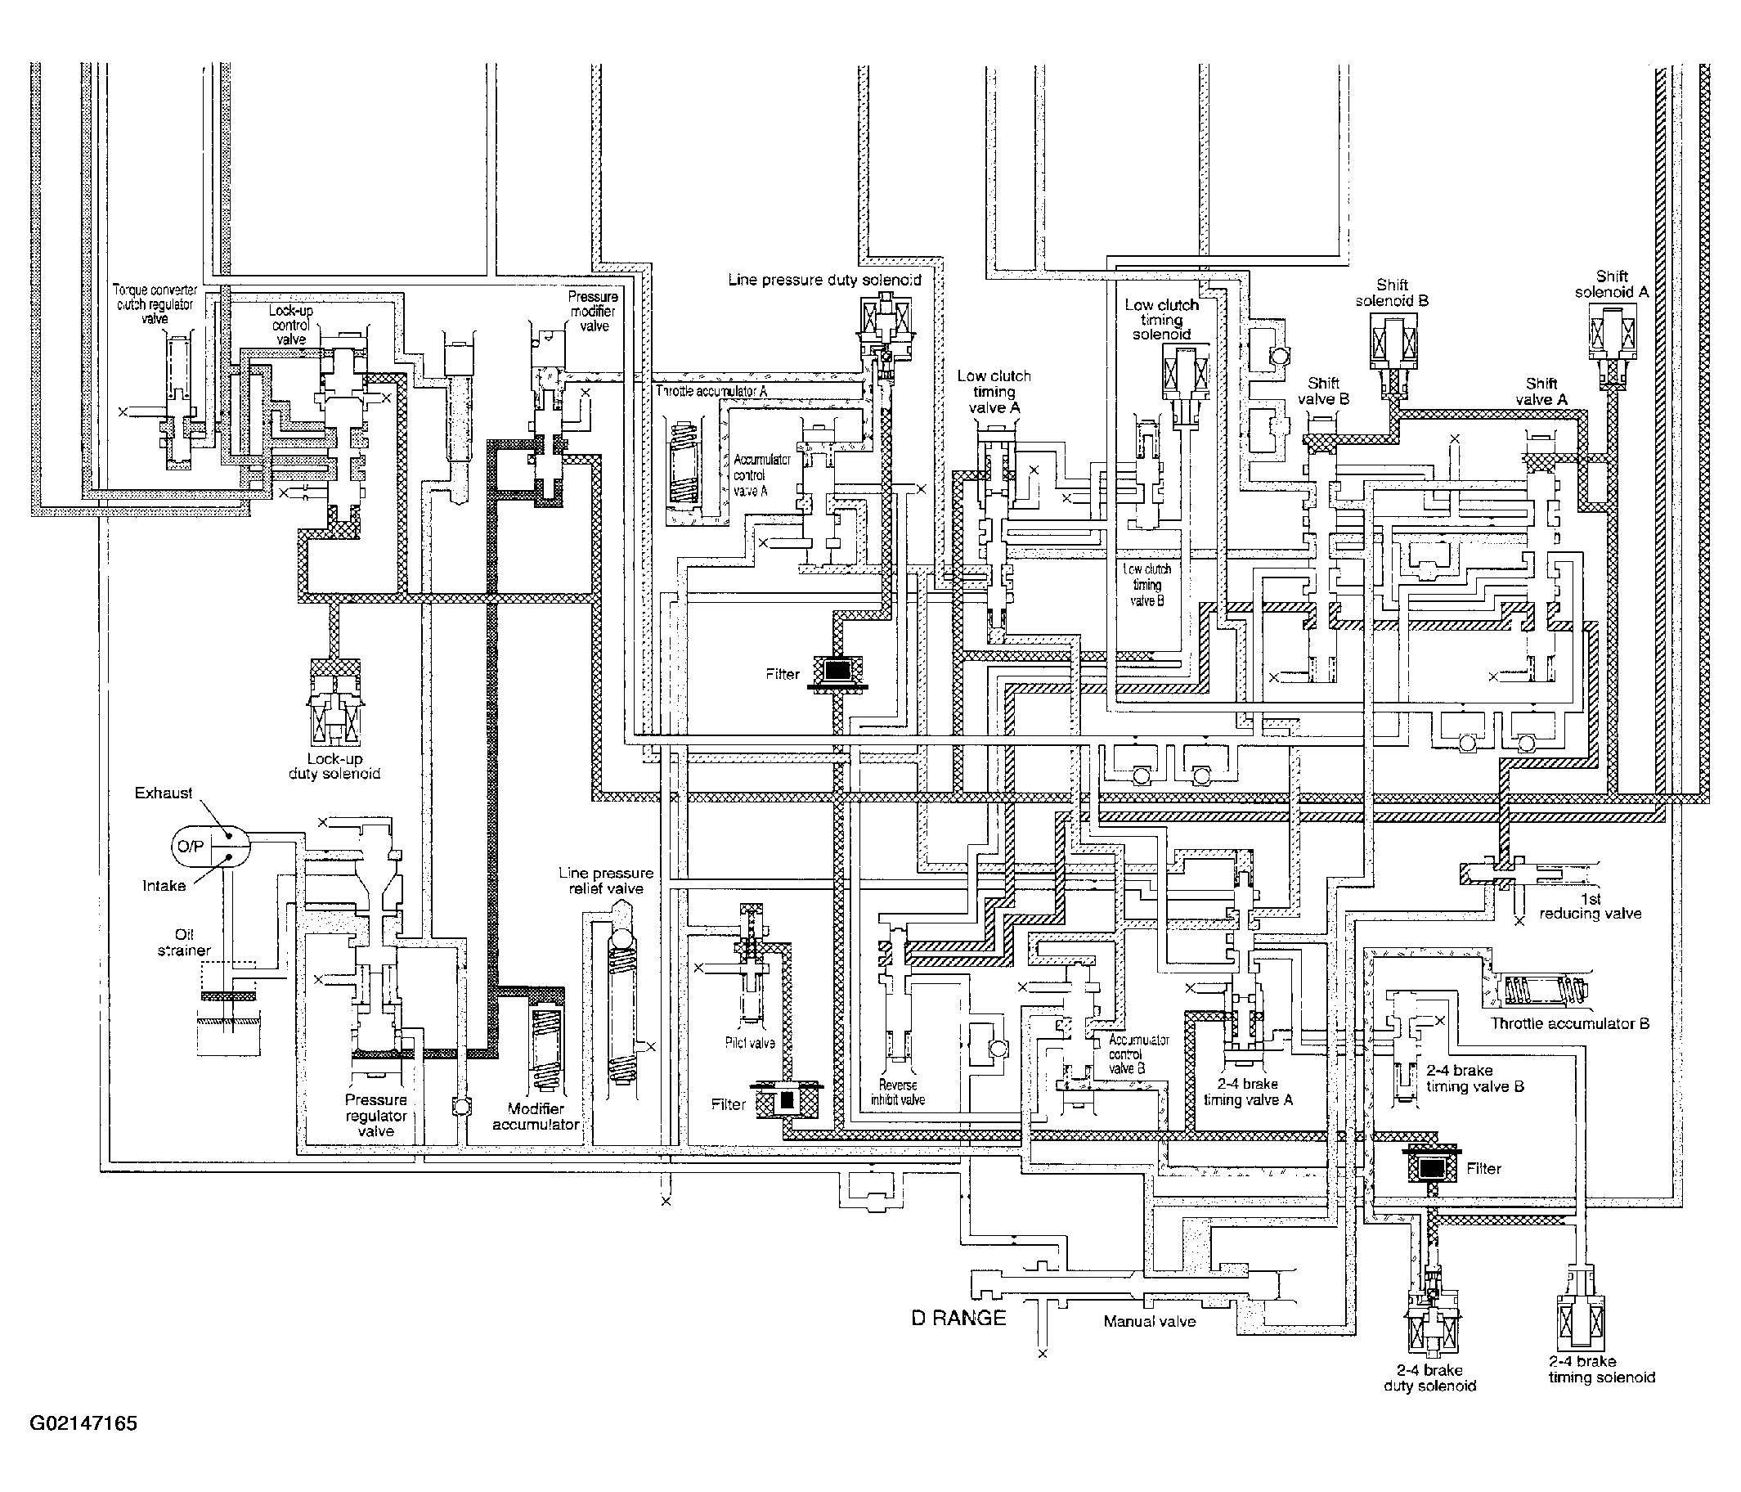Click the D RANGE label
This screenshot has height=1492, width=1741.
[x=958, y=1317]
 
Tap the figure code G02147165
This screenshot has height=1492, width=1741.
[x=83, y=1423]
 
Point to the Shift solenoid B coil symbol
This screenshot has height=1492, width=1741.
[x=1393, y=343]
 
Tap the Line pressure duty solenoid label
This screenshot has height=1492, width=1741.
[x=824, y=280]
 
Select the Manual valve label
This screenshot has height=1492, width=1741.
[x=1149, y=1321]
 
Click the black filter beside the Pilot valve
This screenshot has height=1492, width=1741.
[x=787, y=1099]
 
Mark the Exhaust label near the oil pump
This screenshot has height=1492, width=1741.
[x=163, y=793]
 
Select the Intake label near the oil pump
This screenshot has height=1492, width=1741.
[x=163, y=885]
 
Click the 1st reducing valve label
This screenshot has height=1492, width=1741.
[x=1590, y=907]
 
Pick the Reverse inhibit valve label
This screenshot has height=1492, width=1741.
[x=897, y=1092]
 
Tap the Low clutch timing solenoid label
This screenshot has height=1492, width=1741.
[x=1161, y=319]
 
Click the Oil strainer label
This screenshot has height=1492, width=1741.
[x=184, y=942]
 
